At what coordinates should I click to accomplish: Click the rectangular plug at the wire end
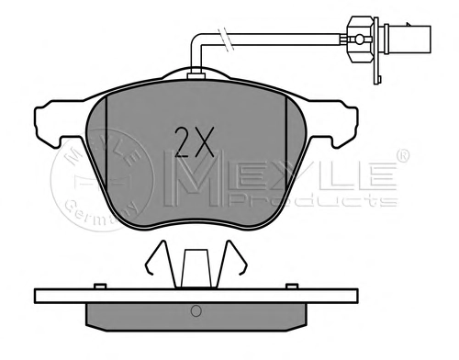coord(409,39)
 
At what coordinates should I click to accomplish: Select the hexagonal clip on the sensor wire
coord(360,39)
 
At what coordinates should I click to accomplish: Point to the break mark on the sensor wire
coord(226,39)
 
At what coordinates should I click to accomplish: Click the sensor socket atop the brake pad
coord(196,75)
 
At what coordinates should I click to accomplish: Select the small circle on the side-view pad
coord(196,311)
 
